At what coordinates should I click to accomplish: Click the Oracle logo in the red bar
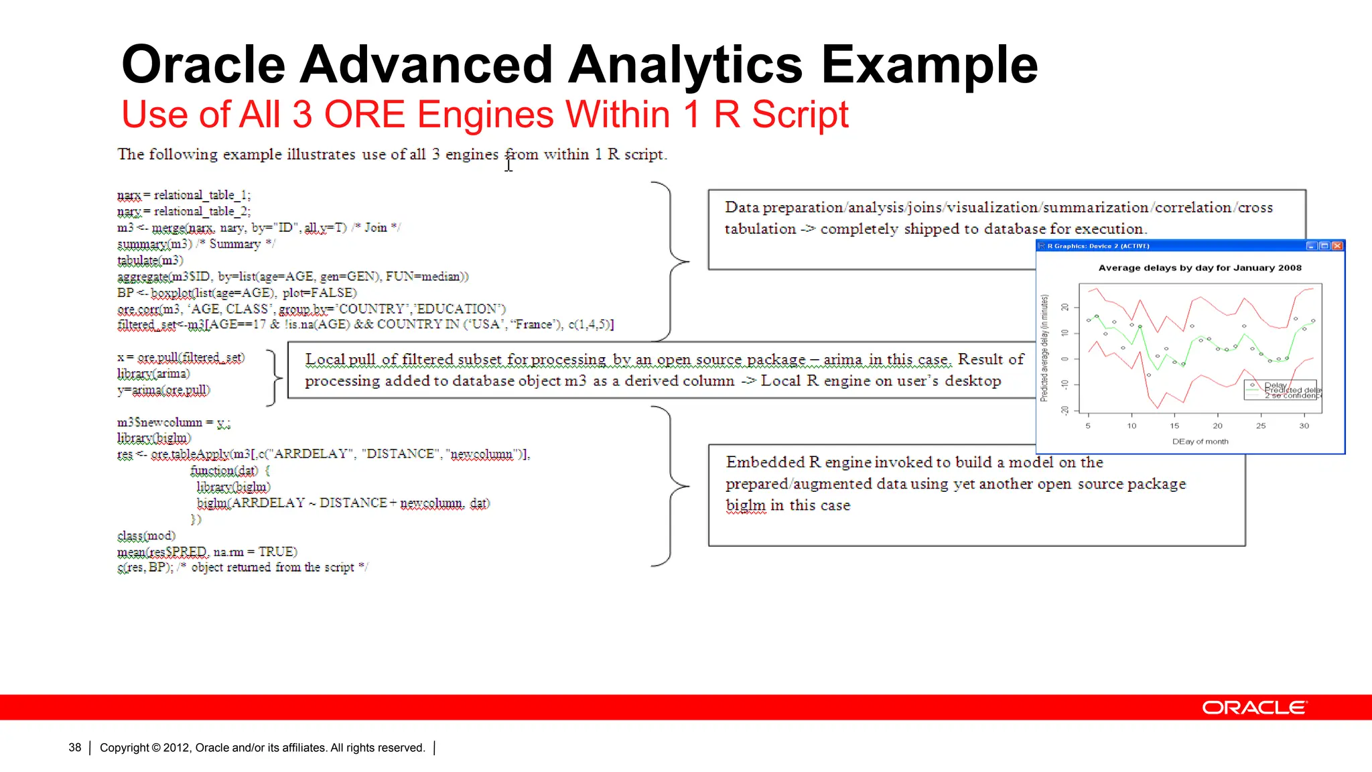tap(1254, 708)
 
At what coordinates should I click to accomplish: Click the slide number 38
tap(74, 748)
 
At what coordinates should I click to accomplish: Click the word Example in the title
tap(929, 65)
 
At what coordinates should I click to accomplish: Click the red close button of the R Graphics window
tap(1337, 246)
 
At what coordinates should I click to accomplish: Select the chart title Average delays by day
tap(1199, 268)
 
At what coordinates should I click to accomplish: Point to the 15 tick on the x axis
tap(1174, 426)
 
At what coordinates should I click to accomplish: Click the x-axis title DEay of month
tap(1200, 442)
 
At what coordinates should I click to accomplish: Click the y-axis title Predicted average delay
tap(1044, 348)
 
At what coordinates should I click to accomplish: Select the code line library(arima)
tap(153, 373)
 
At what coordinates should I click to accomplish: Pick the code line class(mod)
tap(146, 535)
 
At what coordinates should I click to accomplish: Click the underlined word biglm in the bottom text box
tap(745, 505)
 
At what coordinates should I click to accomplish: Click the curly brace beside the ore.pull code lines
tap(274, 377)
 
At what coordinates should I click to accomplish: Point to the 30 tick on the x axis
tap(1304, 426)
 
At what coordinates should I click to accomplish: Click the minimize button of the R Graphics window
tap(1312, 246)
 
